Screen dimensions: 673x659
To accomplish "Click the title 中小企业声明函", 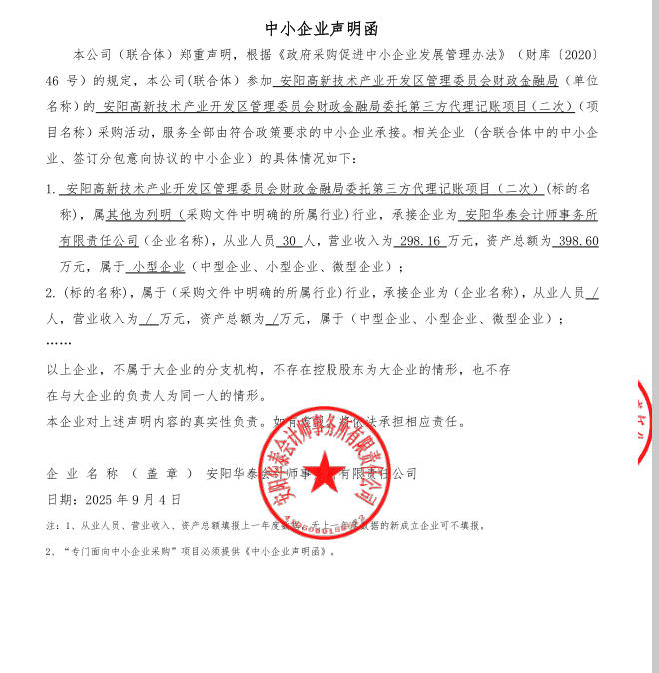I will pyautogui.click(x=322, y=28).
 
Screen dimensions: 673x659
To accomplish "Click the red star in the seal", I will pyautogui.click(x=323, y=469).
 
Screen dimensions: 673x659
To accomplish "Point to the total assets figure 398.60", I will pyautogui.click(x=576, y=241).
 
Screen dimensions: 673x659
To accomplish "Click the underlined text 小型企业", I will pyautogui.click(x=158, y=267).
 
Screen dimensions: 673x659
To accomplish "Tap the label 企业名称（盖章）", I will pyautogui.click(x=119, y=473).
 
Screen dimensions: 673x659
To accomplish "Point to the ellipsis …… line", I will pyautogui.click(x=59, y=342).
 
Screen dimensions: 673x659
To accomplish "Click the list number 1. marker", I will pyautogui.click(x=51, y=188).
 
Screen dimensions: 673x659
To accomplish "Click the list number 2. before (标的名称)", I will pyautogui.click(x=51, y=293).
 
